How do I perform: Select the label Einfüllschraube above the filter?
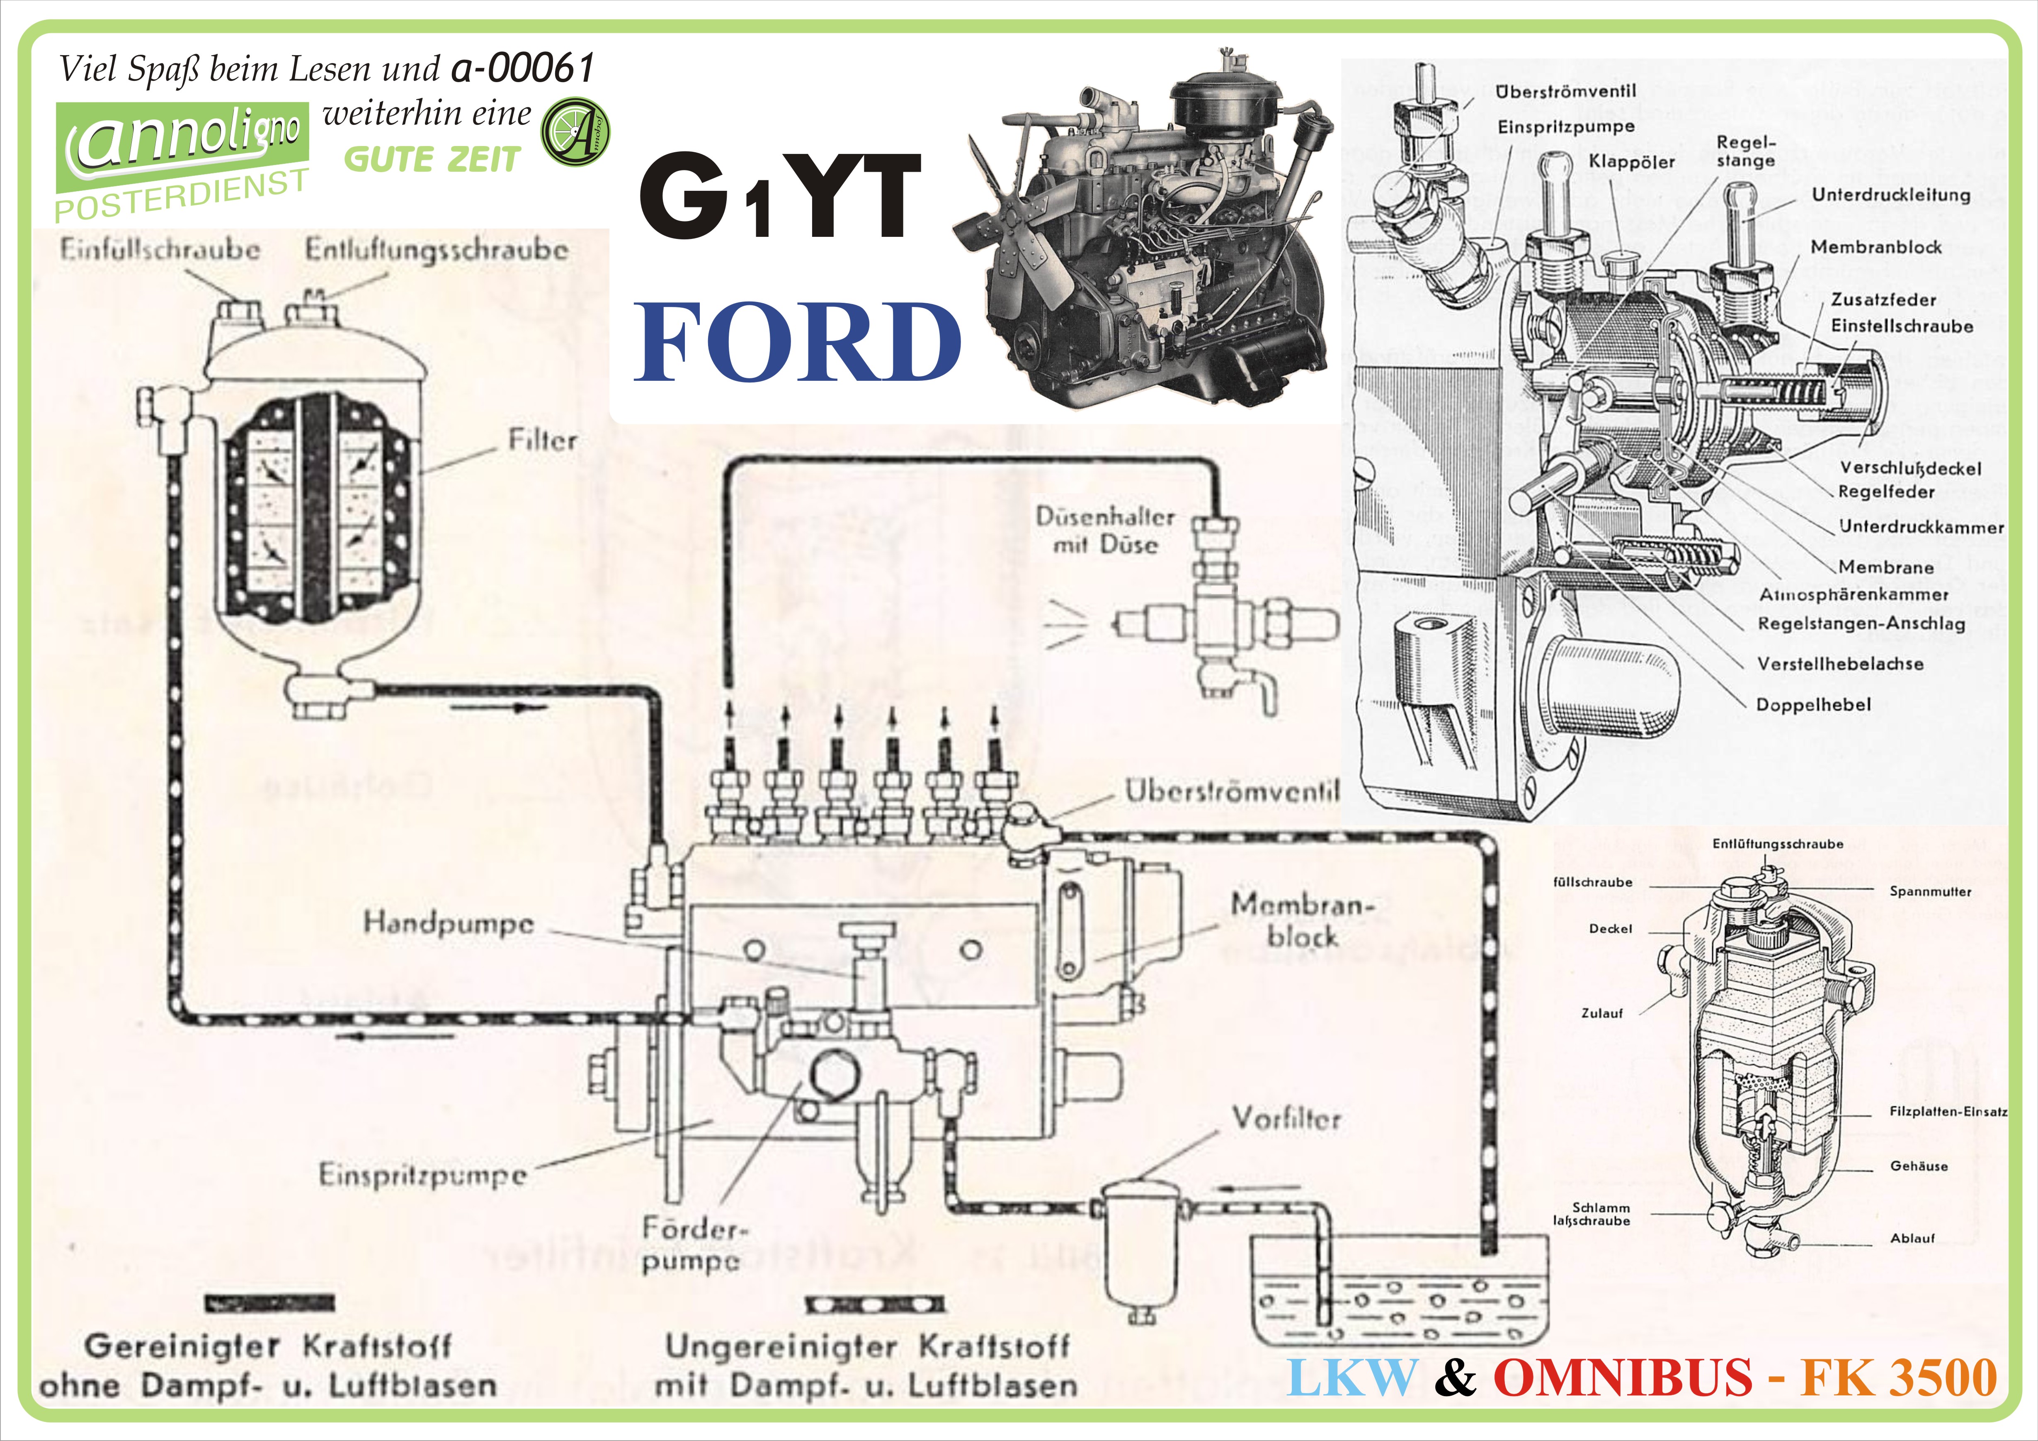click(160, 249)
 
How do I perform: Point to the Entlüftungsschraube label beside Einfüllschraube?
click(436, 249)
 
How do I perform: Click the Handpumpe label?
click(448, 923)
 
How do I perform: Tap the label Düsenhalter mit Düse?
click(1105, 530)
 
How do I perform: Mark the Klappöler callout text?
click(1631, 162)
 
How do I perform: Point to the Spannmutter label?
click(1930, 891)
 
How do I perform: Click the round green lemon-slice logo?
click(575, 132)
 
